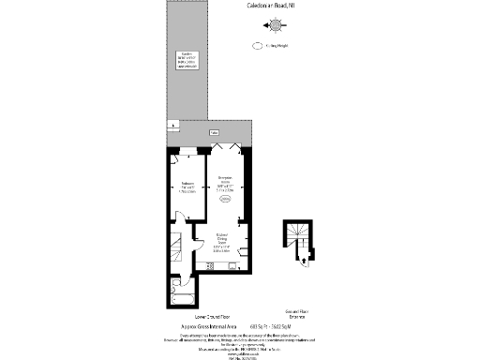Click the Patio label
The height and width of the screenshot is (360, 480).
[x=215, y=134]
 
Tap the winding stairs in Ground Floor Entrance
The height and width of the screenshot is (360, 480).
[x=298, y=234]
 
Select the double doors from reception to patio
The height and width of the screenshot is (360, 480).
[x=226, y=150]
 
